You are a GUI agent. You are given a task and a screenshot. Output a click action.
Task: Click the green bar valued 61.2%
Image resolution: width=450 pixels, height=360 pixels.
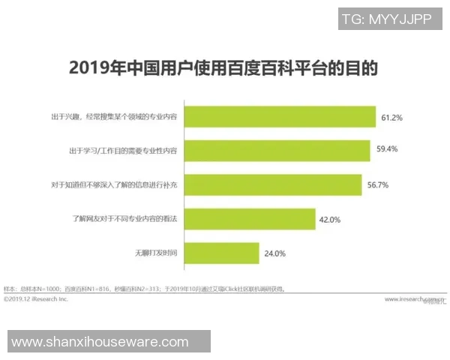pyautogui.click(x=280, y=117)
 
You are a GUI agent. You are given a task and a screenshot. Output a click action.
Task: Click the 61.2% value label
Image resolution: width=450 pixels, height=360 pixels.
pyautogui.click(x=392, y=118)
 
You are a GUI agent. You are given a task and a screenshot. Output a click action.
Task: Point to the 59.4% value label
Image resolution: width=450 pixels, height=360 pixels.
pyautogui.click(x=387, y=150)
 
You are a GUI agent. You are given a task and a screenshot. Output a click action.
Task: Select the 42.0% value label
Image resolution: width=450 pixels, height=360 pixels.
pyautogui.click(x=331, y=220)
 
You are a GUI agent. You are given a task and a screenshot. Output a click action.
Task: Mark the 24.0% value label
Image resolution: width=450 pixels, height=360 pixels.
pyautogui.click(x=275, y=253)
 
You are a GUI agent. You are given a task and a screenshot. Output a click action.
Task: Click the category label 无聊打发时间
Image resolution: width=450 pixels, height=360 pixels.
pyautogui.click(x=156, y=253)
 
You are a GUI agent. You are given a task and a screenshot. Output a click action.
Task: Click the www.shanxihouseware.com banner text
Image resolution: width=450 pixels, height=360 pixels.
pyautogui.click(x=100, y=342)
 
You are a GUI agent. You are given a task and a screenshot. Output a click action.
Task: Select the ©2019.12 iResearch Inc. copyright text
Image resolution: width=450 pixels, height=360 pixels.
pyautogui.click(x=36, y=298)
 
